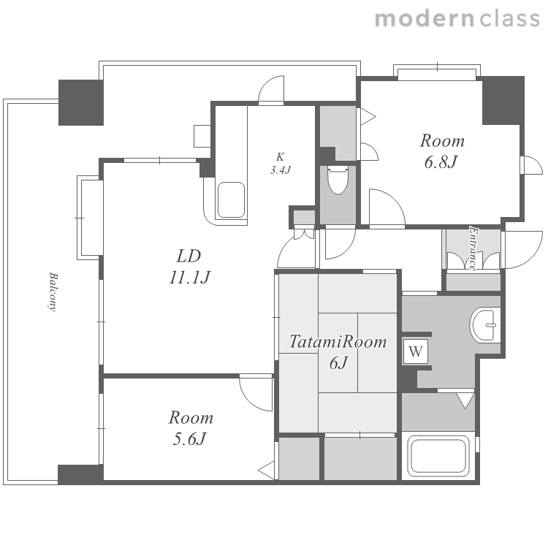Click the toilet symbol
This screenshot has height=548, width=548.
pos(338,180)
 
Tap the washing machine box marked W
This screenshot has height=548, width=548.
pos(416,351)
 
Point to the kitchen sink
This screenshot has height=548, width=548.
pos(231,200)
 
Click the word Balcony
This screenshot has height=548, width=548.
pos(53,292)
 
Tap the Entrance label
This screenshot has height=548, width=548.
pos(473,248)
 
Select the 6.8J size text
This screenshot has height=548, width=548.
pos(441,162)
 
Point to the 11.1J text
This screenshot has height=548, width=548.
pos(189,278)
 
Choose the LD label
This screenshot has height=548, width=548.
pos(189,256)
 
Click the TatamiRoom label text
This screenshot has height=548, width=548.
pos(338,341)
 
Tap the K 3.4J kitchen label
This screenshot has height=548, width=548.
pos(280,164)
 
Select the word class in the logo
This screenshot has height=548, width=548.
pos(510,18)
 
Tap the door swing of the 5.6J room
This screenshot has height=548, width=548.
pos(256,393)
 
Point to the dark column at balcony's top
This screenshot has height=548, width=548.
pos(80,102)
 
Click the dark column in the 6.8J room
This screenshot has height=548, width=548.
pos(503,100)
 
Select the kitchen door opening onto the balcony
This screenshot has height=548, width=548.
pos(271,90)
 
